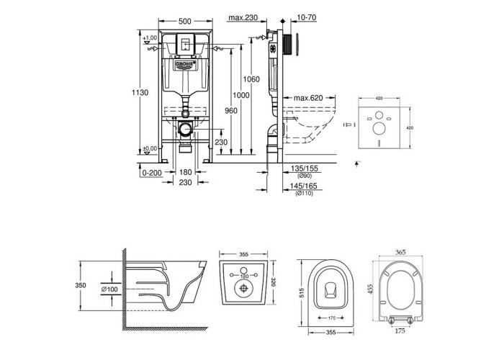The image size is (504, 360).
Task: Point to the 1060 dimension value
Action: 251,78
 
